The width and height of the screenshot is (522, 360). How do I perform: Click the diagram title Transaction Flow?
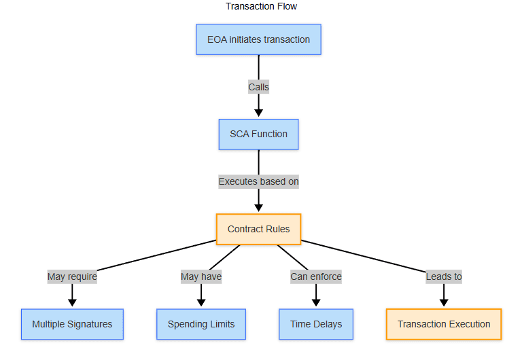click(261, 6)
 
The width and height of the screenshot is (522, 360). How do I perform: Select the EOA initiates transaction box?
click(258, 39)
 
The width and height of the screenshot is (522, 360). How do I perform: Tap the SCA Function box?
click(258, 134)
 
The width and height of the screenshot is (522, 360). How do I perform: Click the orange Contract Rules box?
click(258, 229)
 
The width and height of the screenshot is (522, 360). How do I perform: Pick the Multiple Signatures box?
click(72, 324)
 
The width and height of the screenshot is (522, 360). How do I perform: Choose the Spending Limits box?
click(201, 324)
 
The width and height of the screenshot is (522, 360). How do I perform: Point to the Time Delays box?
click(316, 324)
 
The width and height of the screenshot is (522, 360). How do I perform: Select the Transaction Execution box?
click(444, 324)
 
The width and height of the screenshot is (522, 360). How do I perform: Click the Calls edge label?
click(258, 87)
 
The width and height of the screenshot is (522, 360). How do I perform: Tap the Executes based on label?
click(258, 181)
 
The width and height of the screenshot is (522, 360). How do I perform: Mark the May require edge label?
click(72, 276)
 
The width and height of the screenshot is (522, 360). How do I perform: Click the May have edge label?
click(201, 276)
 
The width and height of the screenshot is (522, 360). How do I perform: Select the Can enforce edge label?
click(316, 276)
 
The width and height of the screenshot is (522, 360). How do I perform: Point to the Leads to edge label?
click(444, 276)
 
